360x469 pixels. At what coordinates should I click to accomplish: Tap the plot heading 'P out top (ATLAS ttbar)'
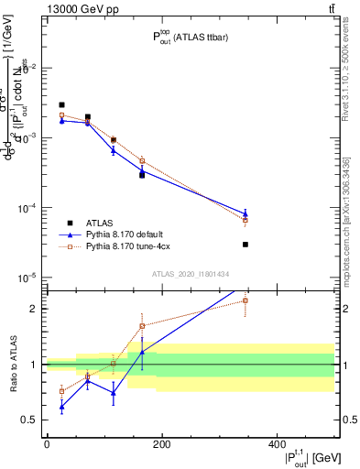click(189, 38)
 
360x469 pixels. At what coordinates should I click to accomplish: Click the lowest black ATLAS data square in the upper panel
click(245, 245)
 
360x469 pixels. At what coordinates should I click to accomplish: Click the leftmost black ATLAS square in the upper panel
click(61, 105)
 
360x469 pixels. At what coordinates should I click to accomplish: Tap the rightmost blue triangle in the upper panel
click(245, 213)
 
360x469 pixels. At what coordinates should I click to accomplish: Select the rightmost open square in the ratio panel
click(245, 300)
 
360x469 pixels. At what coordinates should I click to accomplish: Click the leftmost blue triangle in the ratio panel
click(61, 406)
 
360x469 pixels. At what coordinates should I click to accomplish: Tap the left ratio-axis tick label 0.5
click(31, 420)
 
